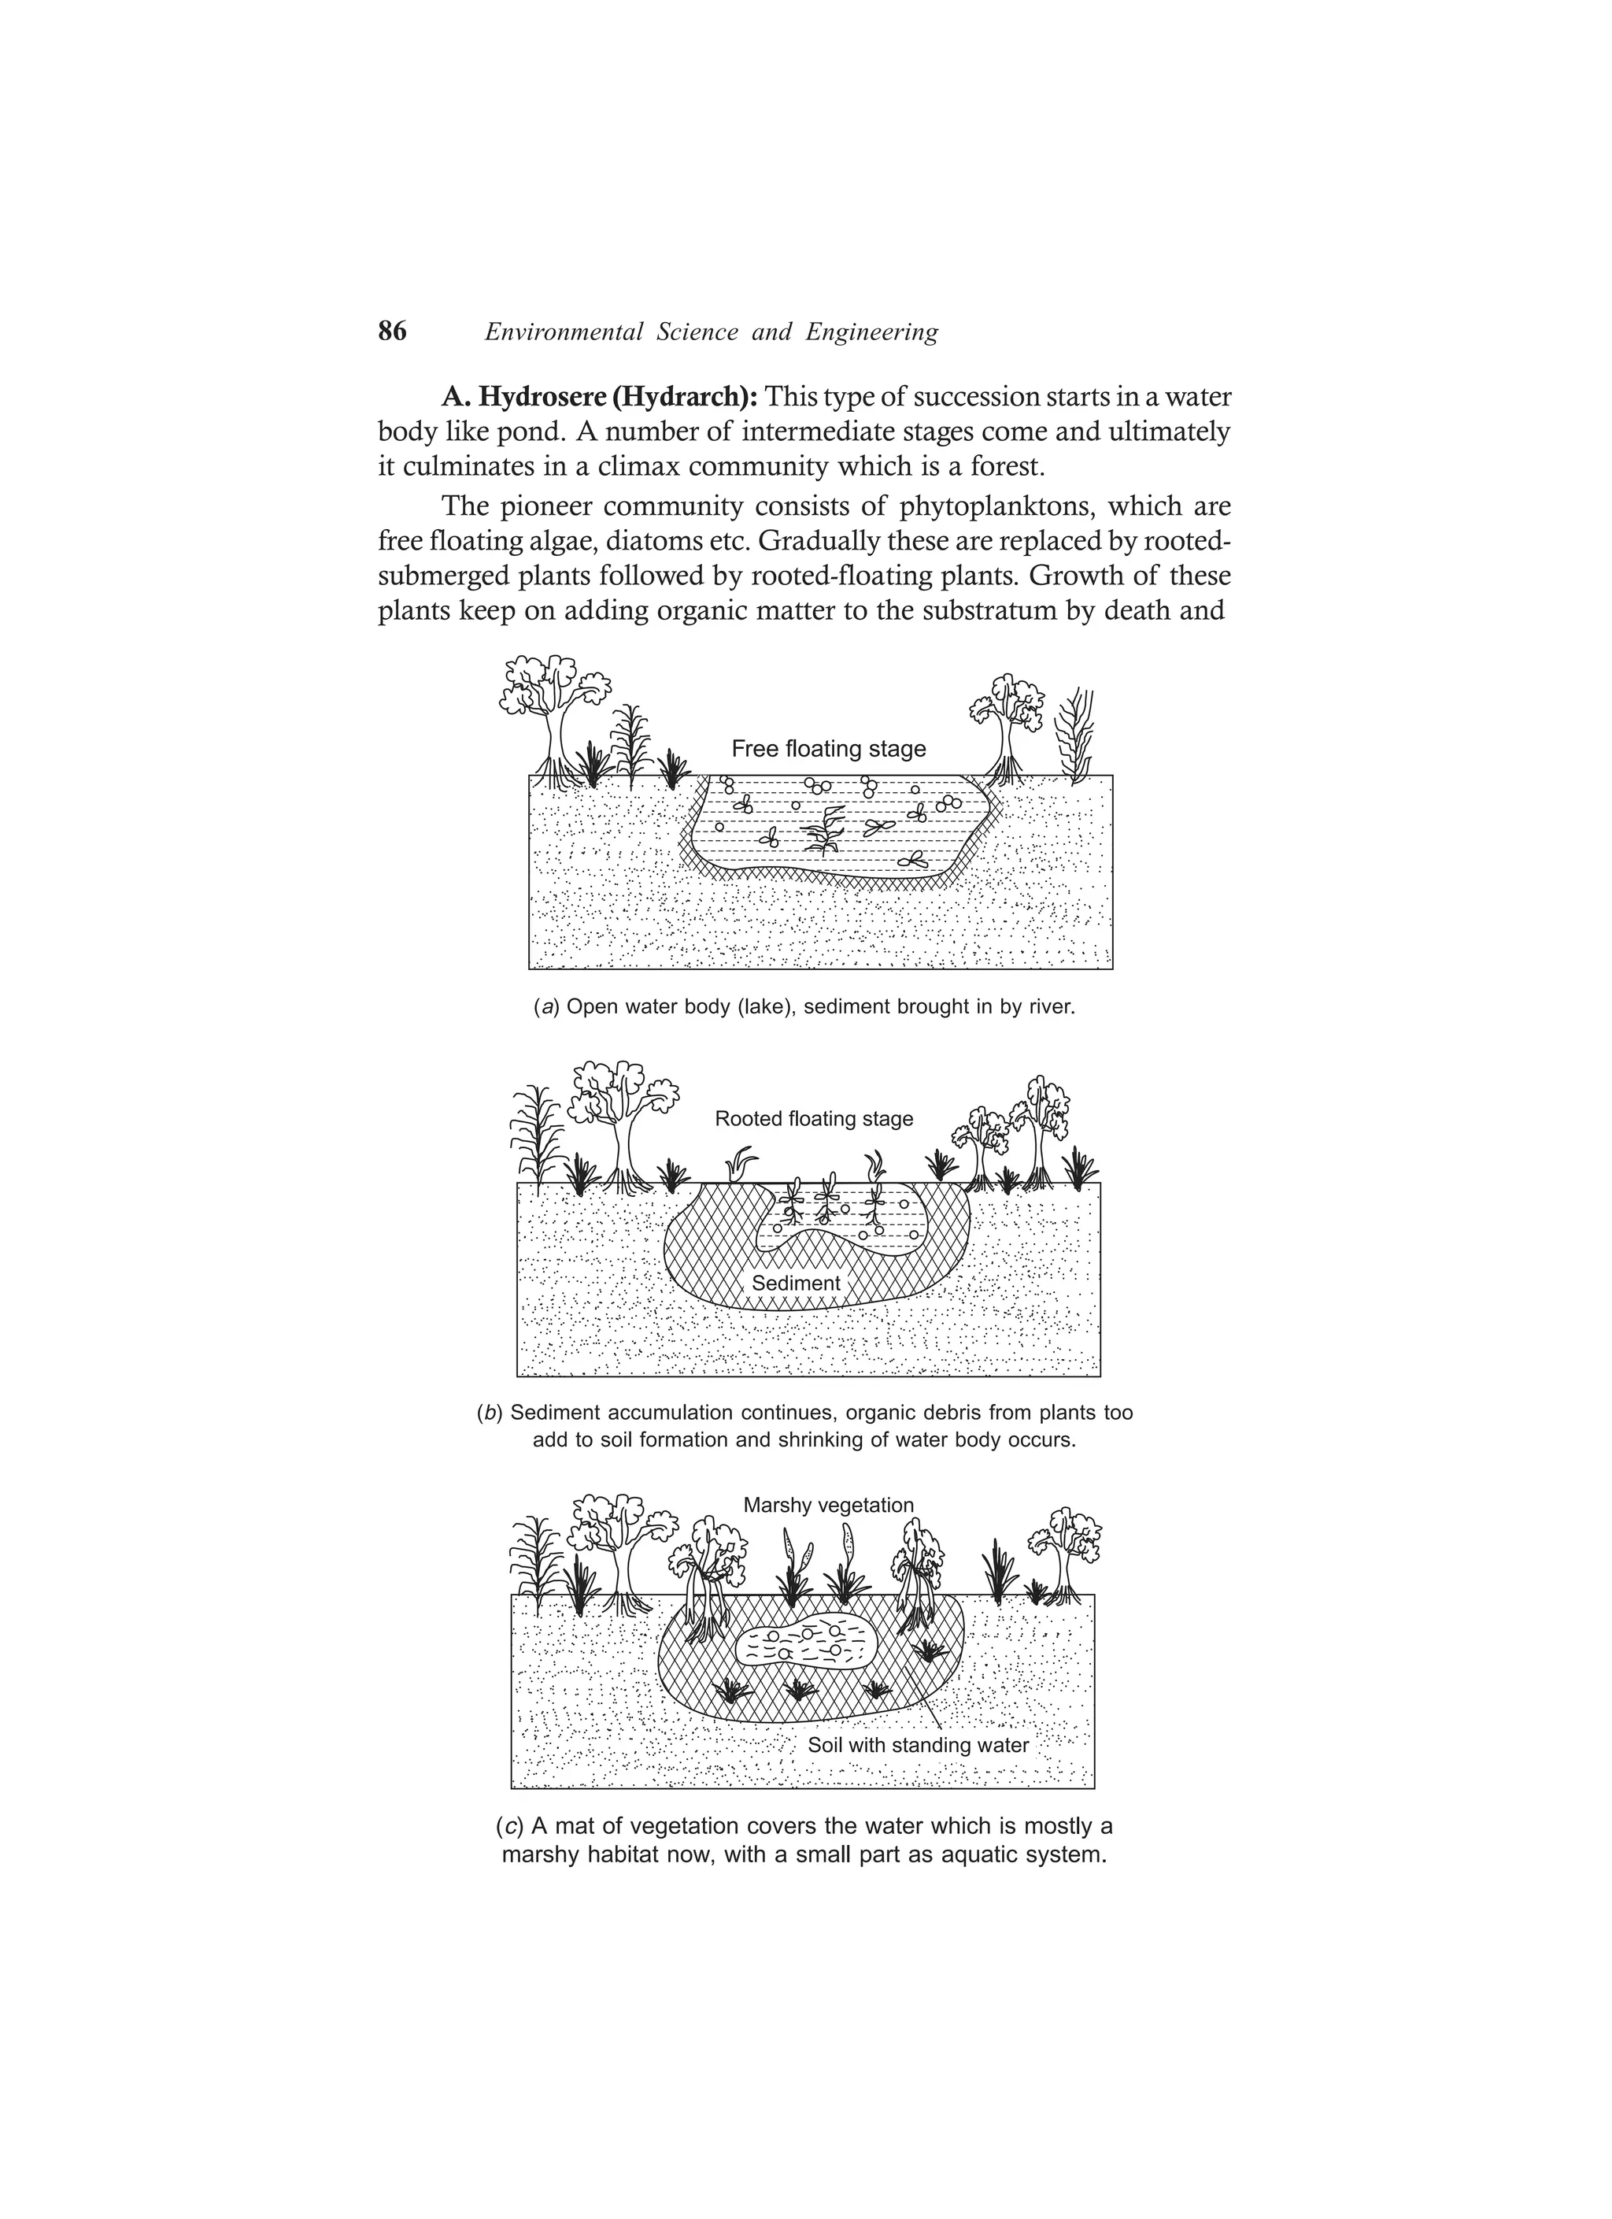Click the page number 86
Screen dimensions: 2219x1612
coord(391,332)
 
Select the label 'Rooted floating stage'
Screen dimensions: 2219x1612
coord(813,1118)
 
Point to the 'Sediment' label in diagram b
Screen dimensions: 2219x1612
coord(795,1283)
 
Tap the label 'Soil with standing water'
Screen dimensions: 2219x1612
coord(918,1746)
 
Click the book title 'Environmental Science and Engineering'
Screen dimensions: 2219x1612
coord(711,332)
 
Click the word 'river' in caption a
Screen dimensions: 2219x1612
coord(1052,1007)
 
